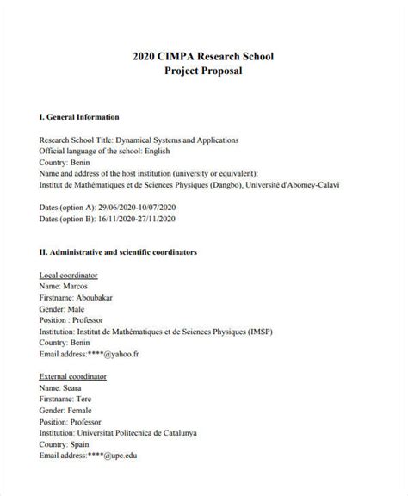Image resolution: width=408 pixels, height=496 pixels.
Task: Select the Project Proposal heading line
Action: click(204, 71)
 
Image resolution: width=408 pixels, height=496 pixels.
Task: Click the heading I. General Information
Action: click(79, 116)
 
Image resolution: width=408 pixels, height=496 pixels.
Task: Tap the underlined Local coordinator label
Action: click(69, 275)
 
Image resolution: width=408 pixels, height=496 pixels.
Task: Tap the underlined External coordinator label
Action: click(73, 376)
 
